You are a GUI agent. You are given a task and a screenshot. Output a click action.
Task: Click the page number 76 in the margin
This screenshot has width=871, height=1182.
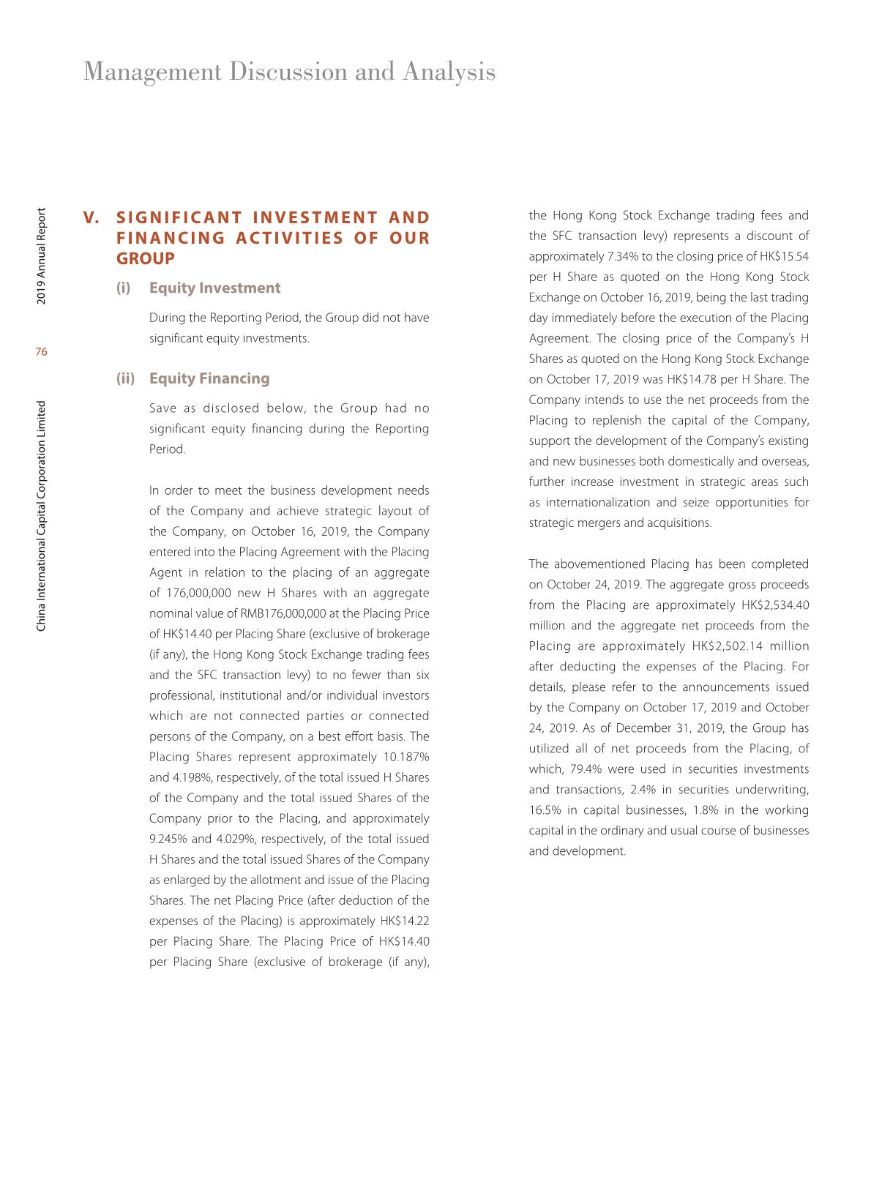coord(41,352)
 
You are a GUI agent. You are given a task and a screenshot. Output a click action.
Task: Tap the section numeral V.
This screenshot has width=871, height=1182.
coord(91,218)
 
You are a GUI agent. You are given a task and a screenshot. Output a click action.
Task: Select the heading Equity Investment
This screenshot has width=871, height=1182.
coord(214,288)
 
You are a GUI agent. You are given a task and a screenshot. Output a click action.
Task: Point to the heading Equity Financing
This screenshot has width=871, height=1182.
coord(209,378)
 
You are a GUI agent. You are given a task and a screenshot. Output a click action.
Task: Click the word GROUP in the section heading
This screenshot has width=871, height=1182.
coord(146,259)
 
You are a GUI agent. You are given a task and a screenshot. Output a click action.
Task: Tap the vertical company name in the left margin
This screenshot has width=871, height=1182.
coord(41,516)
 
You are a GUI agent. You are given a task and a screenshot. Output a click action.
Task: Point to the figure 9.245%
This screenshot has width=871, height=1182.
coord(168,839)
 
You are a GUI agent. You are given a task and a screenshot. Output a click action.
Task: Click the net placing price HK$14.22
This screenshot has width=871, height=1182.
coord(405,921)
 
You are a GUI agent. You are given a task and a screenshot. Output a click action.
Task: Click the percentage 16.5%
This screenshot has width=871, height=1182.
coord(542,810)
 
